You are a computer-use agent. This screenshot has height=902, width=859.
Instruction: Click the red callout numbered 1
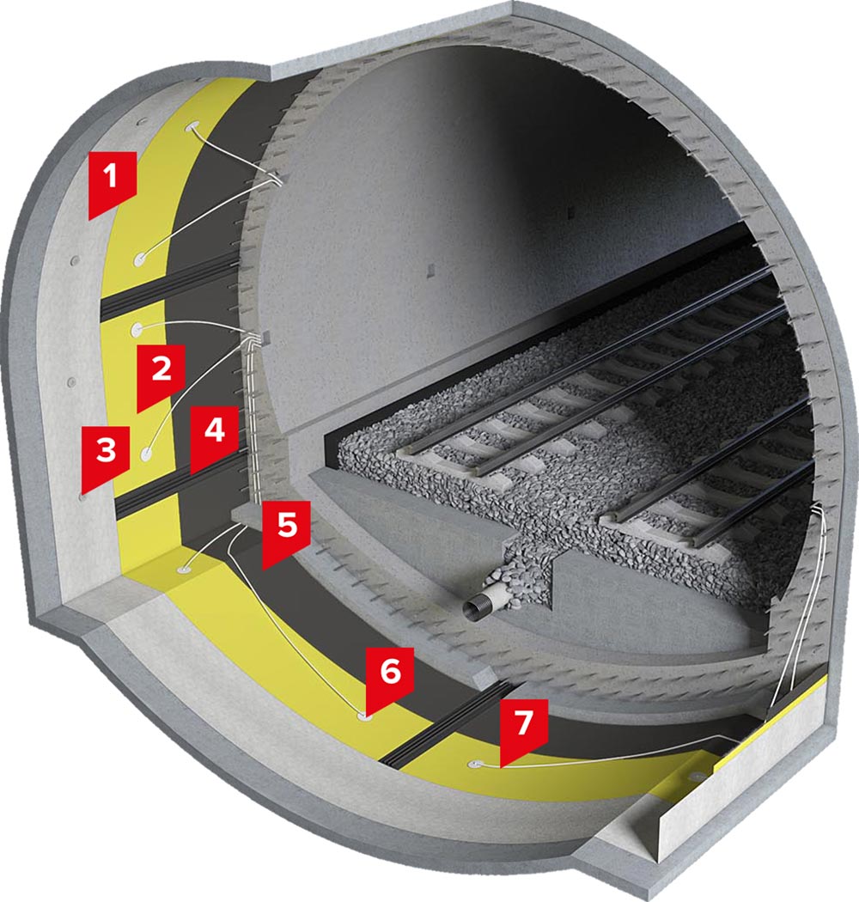(113, 181)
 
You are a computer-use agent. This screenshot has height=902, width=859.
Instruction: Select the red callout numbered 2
(161, 374)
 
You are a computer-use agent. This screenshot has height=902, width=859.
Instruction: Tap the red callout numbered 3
(106, 454)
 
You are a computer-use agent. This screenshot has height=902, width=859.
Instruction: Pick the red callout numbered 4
(214, 436)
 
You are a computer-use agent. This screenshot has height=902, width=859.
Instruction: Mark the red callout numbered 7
(523, 728)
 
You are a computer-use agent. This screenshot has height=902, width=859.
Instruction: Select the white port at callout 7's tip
(476, 764)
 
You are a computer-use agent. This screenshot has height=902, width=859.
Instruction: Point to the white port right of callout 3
(148, 454)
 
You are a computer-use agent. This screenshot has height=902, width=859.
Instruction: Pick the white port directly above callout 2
(137, 329)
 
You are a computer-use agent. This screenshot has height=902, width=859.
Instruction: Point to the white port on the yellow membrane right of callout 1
(140, 259)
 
